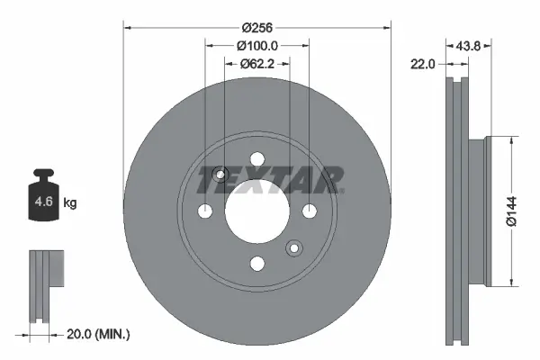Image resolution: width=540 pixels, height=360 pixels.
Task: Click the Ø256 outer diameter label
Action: click(257, 15)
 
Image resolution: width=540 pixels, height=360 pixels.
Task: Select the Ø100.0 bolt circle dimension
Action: click(257, 44)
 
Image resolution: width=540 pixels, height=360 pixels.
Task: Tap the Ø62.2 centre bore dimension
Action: click(257, 64)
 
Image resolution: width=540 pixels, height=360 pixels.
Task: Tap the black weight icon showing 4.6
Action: click(44, 198)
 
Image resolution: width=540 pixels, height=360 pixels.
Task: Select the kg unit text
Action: click(69, 203)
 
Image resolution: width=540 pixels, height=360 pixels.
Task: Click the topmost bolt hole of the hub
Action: click(257, 159)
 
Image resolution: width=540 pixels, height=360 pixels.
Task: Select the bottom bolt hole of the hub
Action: click(257, 263)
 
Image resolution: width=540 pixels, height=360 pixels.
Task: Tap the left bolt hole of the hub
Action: click(205, 211)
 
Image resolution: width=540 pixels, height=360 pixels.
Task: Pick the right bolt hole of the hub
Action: click(310, 211)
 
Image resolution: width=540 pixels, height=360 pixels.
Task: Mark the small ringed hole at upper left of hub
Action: click(221, 174)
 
